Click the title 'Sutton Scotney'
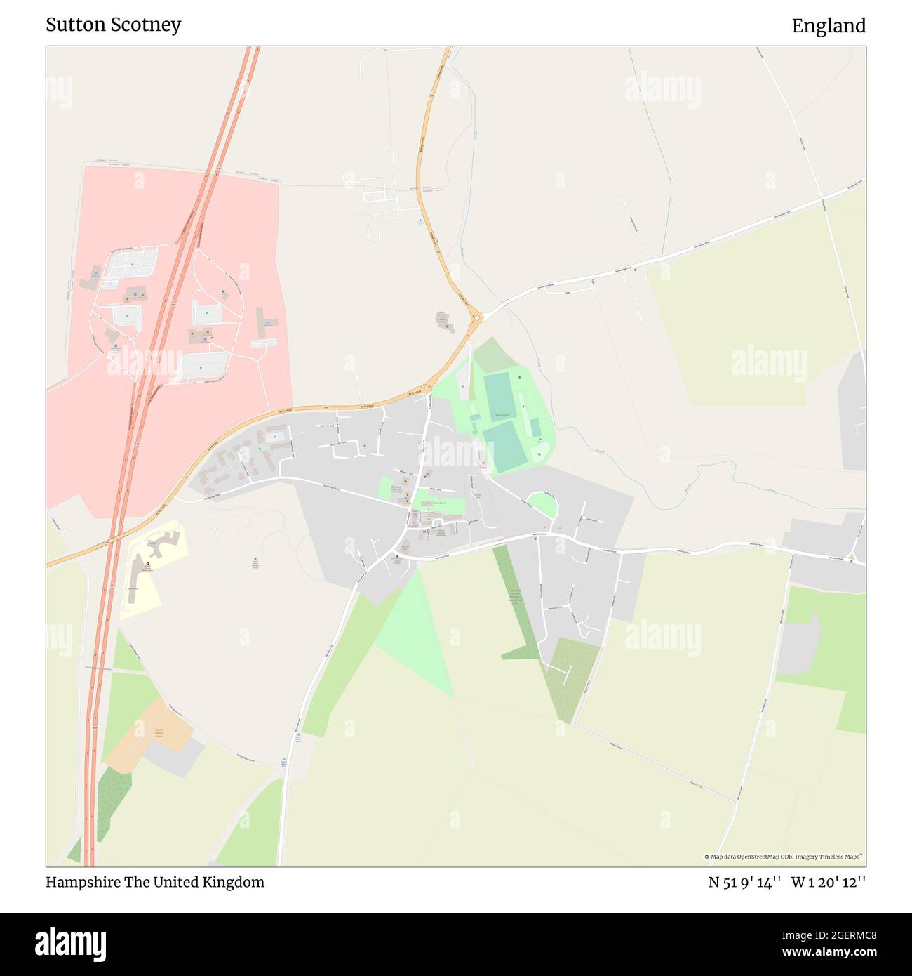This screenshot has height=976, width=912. pos(113,25)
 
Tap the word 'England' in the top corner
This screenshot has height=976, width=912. pos(829,26)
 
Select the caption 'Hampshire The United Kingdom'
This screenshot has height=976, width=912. pos(155,882)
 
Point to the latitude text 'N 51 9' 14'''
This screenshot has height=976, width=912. pos(744,882)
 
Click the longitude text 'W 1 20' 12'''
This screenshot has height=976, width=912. pos(829,882)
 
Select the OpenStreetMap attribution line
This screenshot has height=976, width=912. pos(783,857)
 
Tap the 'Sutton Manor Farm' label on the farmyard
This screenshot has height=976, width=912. pos(159,733)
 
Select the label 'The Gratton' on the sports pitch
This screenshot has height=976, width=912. pos(500,415)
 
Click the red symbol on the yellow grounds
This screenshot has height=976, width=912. pos(147,563)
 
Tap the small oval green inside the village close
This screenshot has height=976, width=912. pos(541,504)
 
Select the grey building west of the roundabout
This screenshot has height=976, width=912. pos(443,321)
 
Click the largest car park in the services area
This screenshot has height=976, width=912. pos(203,365)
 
